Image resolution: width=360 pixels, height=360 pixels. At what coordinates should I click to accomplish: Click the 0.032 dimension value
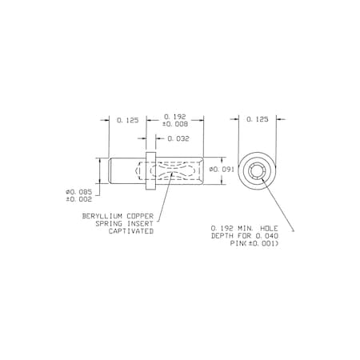tap(178, 138)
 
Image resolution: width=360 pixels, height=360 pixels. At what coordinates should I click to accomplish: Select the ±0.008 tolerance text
tap(175, 124)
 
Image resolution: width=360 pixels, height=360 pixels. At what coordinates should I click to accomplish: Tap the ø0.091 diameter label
tap(222, 170)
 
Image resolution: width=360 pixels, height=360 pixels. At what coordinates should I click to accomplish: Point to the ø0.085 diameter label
tap(79, 192)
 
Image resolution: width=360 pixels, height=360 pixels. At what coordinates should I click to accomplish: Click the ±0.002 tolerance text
tap(79, 199)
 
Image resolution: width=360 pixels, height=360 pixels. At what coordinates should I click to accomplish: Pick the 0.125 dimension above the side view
tap(128, 120)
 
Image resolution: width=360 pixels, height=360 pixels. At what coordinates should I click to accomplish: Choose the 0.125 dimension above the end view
tap(258, 119)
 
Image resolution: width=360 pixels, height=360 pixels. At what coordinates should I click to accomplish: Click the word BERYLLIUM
tap(102, 216)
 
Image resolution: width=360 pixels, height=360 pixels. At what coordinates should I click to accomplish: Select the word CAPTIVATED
tap(131, 231)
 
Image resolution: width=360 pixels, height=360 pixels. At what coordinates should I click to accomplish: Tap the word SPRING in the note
tap(109, 223)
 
